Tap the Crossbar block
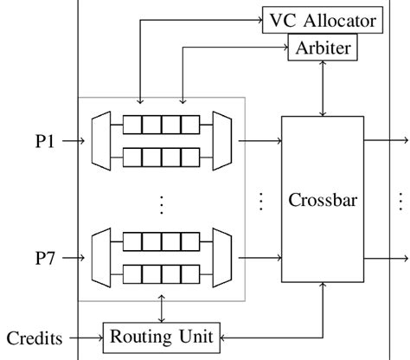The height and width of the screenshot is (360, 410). click(x=322, y=200)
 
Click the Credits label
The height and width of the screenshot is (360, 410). click(x=33, y=336)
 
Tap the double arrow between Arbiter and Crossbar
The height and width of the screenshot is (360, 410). click(x=322, y=88)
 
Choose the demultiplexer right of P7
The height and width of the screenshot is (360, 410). click(x=102, y=257)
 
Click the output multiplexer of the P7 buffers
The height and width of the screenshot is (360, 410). click(x=220, y=257)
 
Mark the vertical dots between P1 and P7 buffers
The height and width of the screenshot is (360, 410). click(x=161, y=204)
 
